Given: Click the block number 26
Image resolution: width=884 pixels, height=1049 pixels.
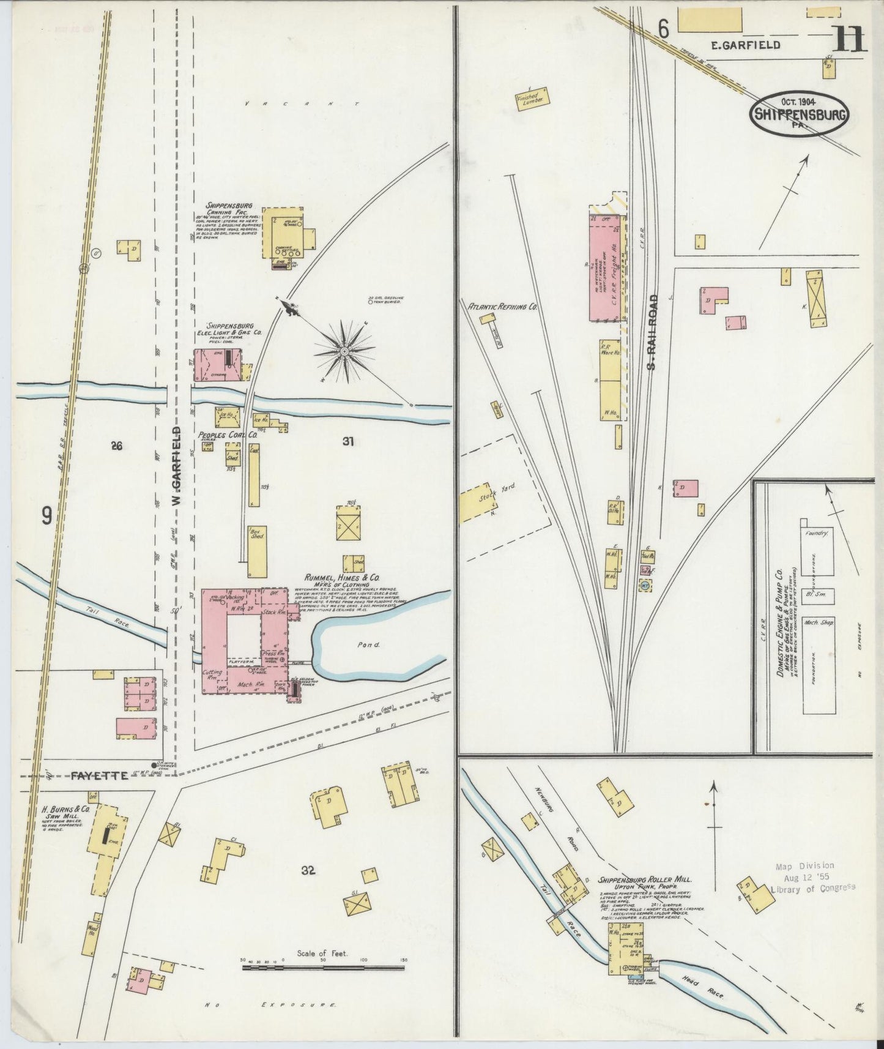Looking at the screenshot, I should click(116, 446).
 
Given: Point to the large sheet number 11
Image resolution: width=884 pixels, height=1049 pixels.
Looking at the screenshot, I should click(848, 40).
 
